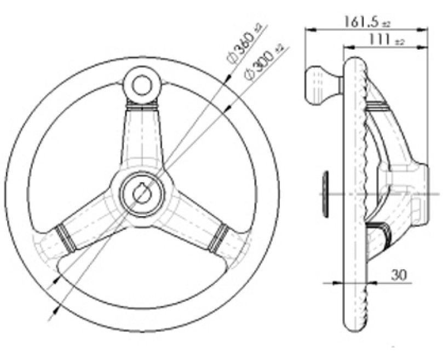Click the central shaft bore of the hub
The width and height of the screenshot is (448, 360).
(x=142, y=193)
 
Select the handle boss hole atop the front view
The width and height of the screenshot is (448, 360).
(x=142, y=83)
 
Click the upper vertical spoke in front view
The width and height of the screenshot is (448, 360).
(x=142, y=137)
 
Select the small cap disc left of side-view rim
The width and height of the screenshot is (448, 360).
(x=325, y=194)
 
